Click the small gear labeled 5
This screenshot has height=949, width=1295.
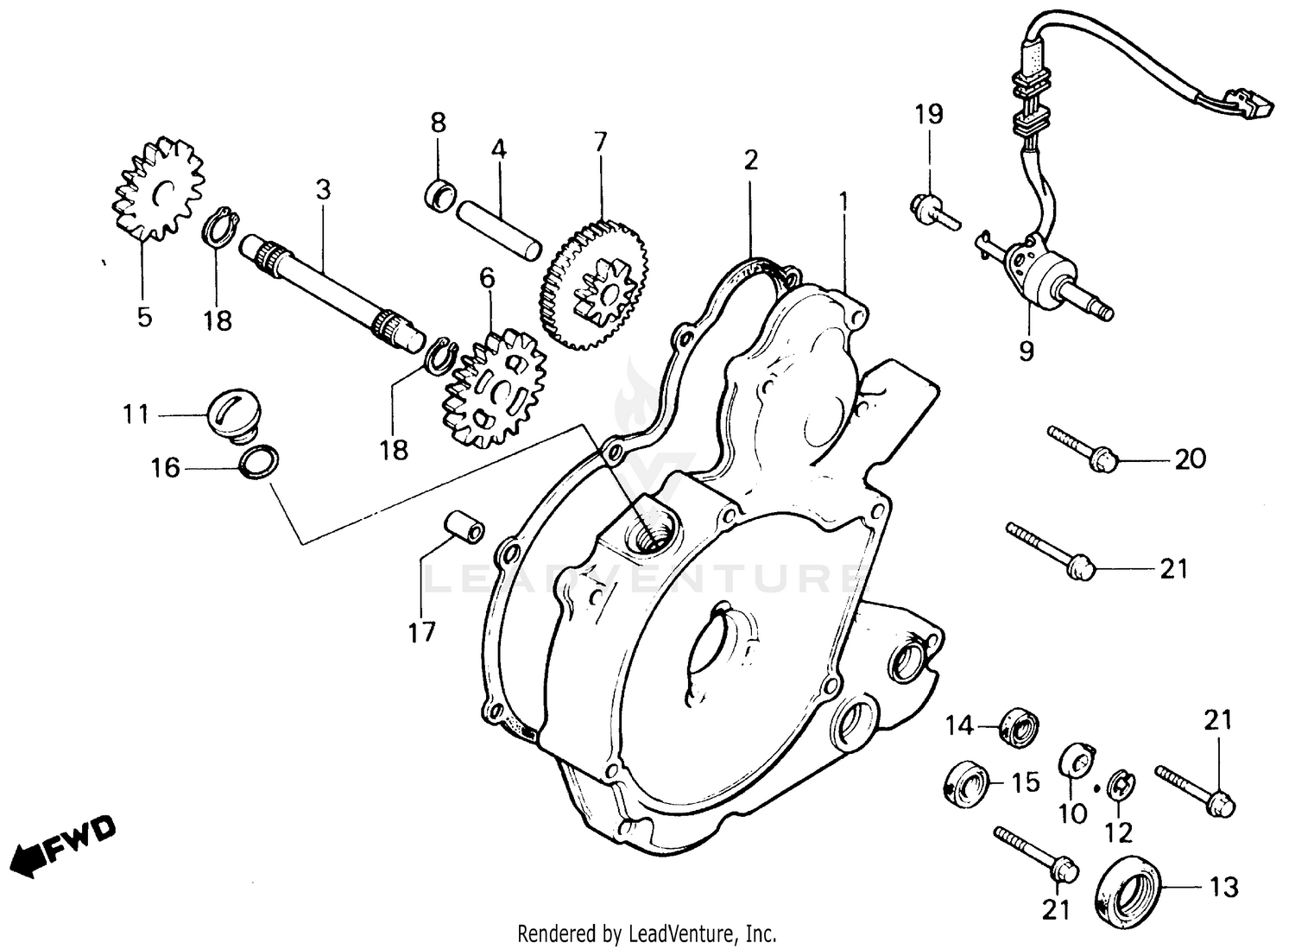click(158, 189)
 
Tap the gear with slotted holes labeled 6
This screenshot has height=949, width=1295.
click(494, 384)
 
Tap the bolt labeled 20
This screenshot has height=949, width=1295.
click(1084, 448)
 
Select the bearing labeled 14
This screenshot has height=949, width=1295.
click(1018, 725)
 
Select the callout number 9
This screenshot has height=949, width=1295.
click(1026, 351)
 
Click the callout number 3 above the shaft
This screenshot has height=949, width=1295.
click(323, 190)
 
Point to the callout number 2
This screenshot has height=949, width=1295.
click(750, 160)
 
